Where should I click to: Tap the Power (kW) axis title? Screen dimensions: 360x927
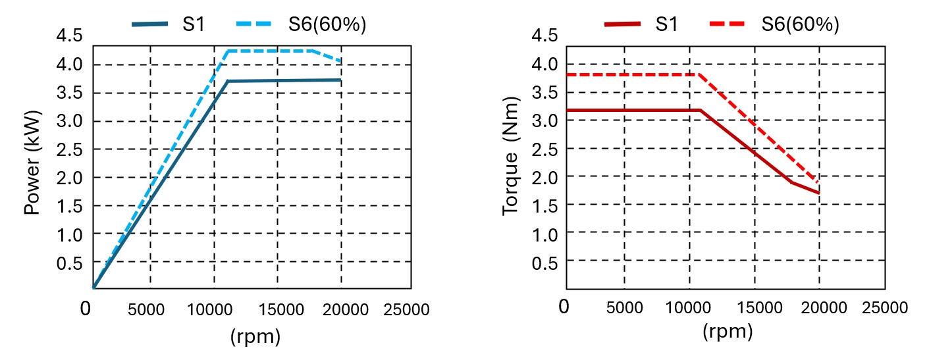32,162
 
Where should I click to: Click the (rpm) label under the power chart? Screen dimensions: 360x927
255,337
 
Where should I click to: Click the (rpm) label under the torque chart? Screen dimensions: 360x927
728,332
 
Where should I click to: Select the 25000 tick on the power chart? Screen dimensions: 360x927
406,309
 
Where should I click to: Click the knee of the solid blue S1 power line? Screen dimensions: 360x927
227,81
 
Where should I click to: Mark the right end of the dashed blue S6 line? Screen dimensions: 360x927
340,62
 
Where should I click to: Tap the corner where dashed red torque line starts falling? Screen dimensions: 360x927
699,74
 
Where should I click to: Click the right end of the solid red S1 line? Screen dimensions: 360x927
819,193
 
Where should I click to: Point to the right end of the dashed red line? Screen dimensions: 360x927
818,183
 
